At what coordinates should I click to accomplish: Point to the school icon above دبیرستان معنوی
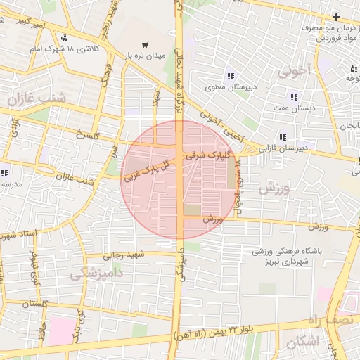230,77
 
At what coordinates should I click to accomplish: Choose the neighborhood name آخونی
293,71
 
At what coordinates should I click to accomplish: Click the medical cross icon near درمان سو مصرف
337,17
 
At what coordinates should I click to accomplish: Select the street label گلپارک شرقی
205,155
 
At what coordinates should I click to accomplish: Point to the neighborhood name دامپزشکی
99,271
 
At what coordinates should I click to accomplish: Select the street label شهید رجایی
124,255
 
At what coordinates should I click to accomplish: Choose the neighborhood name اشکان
303,342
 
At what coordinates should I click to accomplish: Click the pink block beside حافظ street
61,330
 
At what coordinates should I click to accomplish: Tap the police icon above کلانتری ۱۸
65,38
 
